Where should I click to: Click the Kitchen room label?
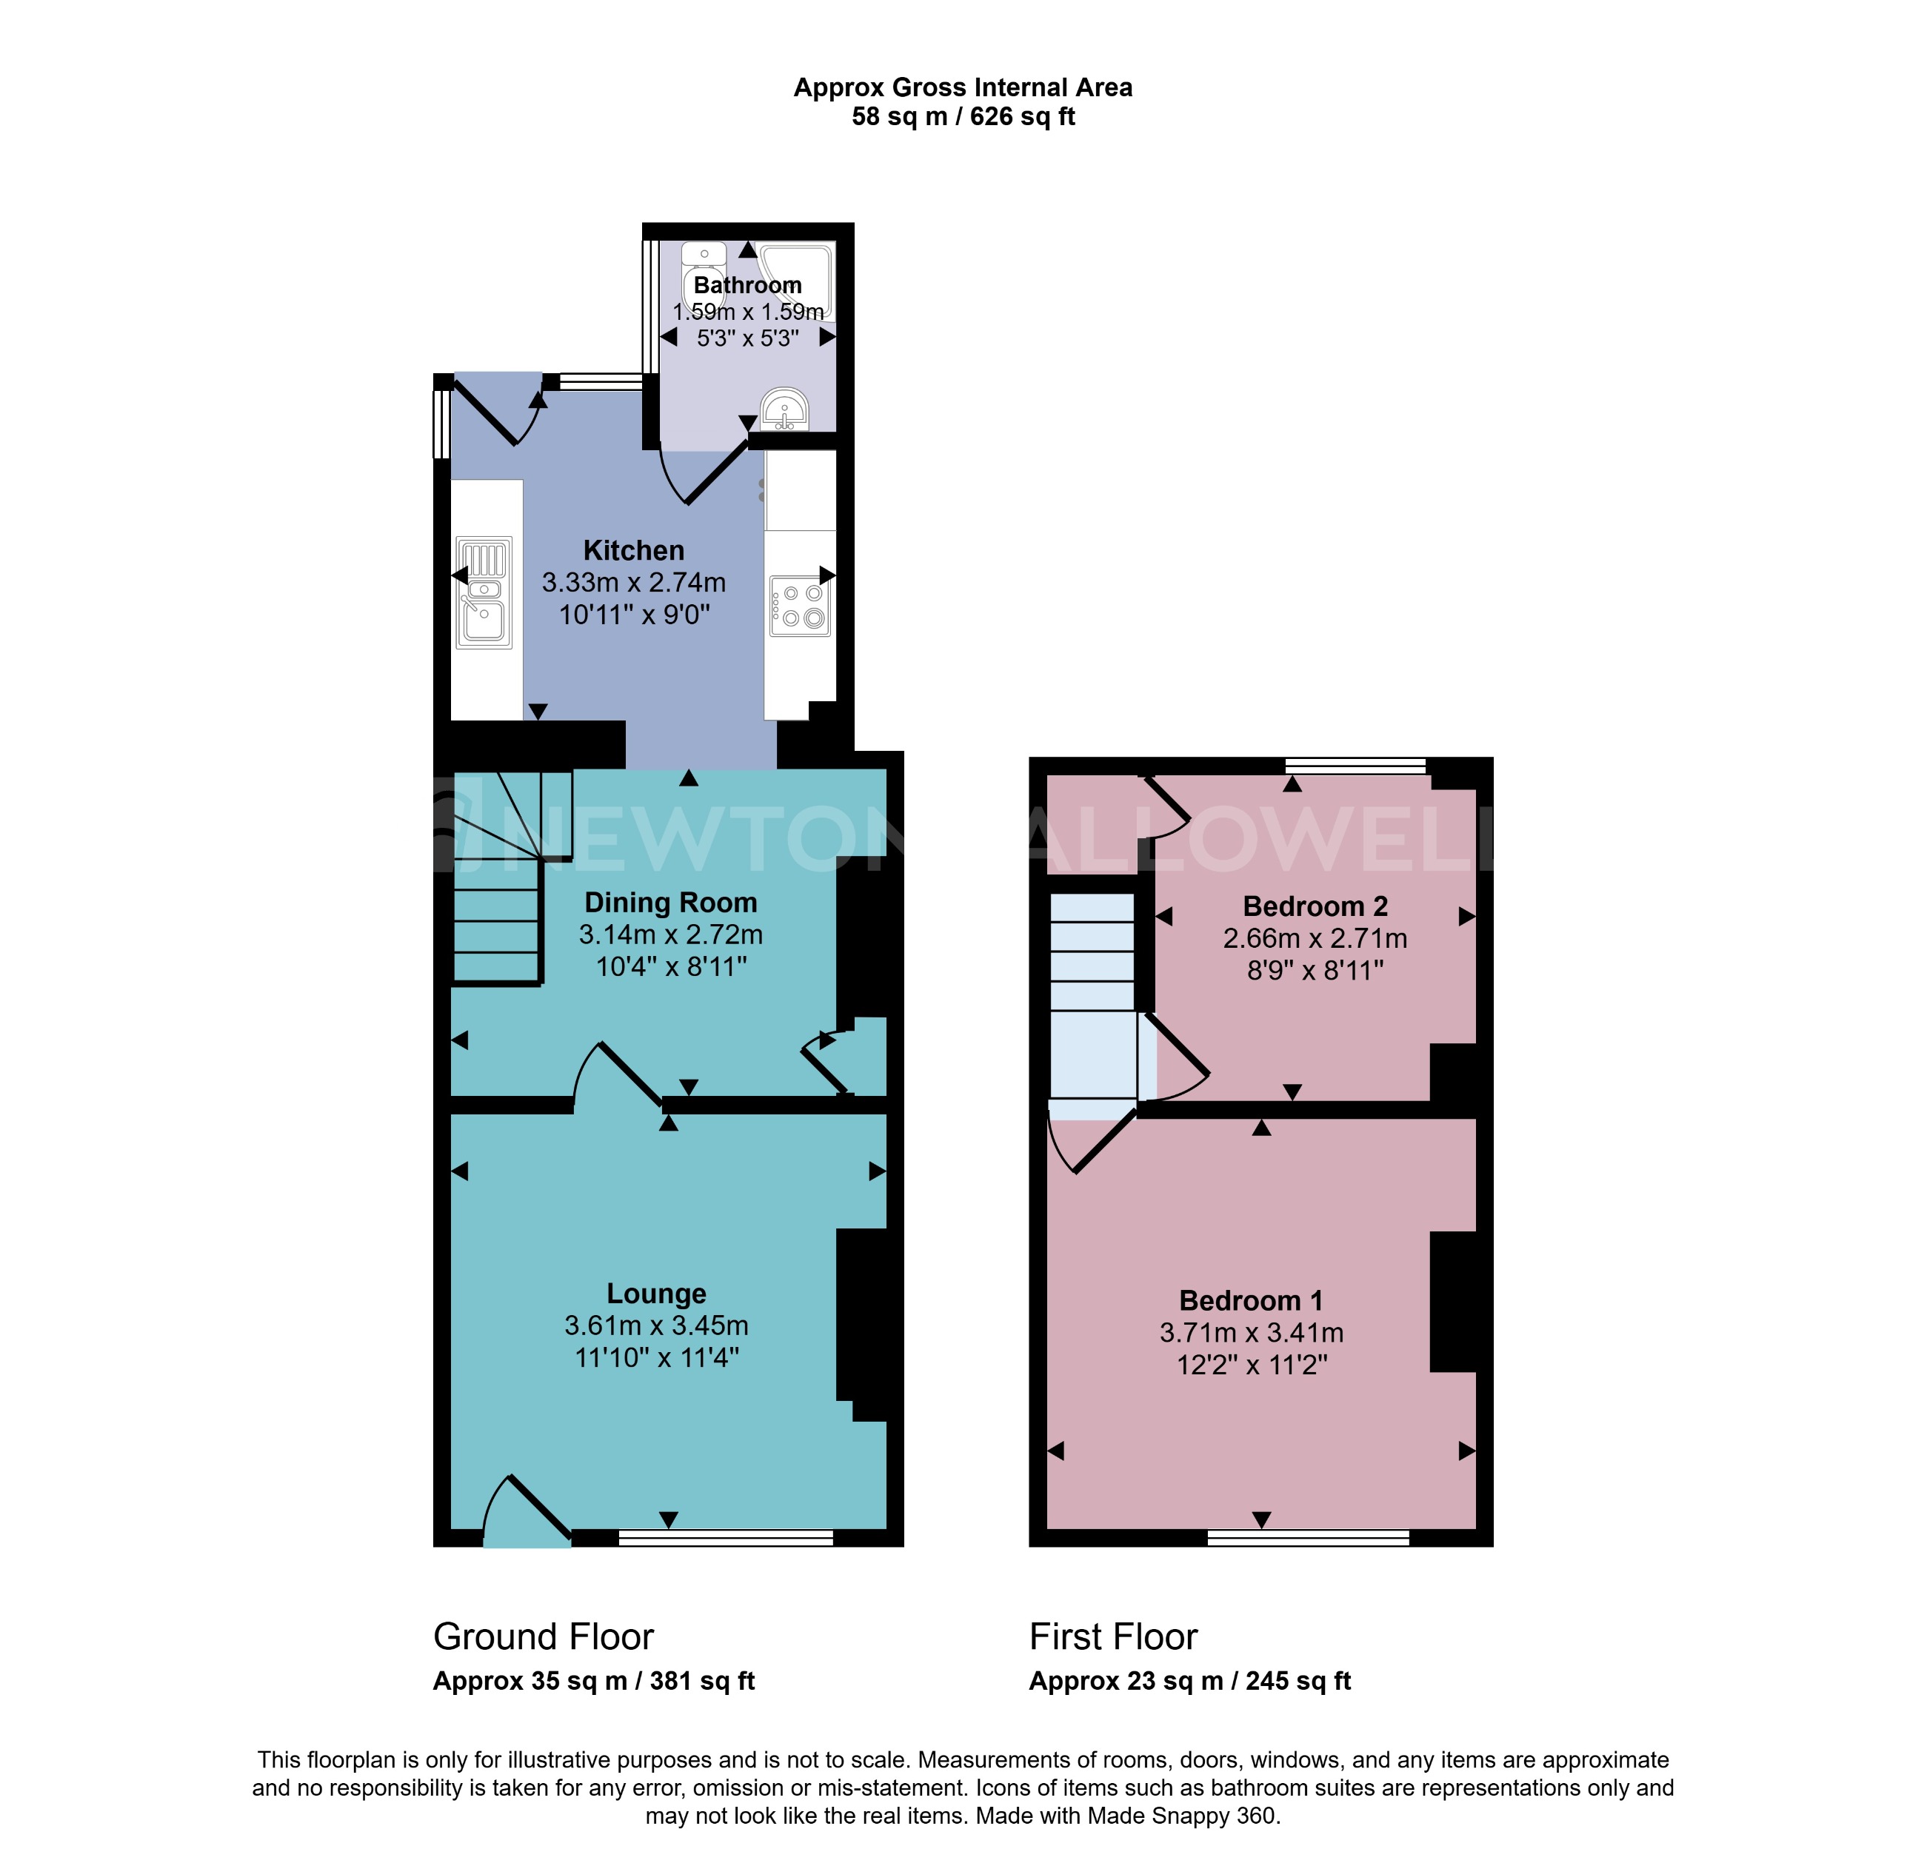[633, 551]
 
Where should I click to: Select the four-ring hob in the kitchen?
[799, 606]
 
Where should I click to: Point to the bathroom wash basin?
[784, 410]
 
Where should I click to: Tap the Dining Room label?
[670, 903]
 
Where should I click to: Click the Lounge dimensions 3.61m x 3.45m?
[655, 1325]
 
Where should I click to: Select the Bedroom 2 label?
[1315, 906]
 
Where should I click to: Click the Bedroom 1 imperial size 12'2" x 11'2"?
[1252, 1365]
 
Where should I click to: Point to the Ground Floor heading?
[543, 1637]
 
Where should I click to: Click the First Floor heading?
[1113, 1637]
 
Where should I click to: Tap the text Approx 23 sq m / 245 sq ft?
[1189, 1681]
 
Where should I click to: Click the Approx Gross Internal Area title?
[963, 87]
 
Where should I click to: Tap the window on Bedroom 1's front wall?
[1308, 1538]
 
